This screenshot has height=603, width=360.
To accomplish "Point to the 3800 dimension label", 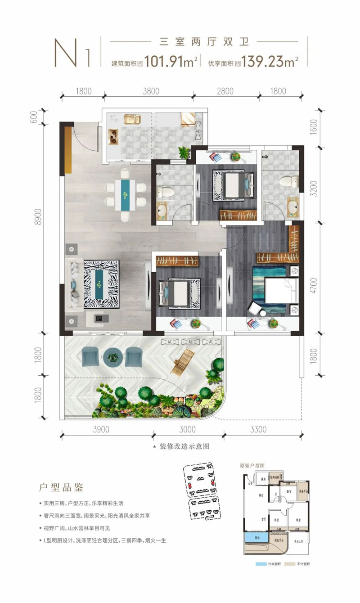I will click(x=151, y=91).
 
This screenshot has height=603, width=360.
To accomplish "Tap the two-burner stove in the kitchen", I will click(x=113, y=135).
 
